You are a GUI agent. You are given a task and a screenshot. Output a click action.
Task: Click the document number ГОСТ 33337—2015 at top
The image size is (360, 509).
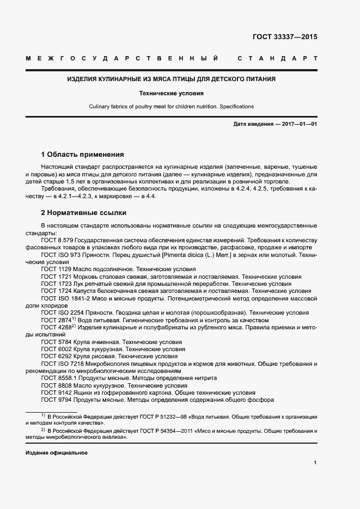tap(285, 38)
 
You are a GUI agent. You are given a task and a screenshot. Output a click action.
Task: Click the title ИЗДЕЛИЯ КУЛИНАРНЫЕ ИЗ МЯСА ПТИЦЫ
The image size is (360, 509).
tap(171, 79)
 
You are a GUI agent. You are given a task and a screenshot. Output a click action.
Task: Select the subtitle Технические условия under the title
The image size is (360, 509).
tap(171, 93)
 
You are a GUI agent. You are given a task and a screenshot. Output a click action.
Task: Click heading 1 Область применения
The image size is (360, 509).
tap(82, 155)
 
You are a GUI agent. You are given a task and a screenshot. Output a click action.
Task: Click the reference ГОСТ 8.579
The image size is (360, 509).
tap(57, 240)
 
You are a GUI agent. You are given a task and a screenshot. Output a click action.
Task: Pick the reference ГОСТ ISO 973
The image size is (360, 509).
tap(61, 254)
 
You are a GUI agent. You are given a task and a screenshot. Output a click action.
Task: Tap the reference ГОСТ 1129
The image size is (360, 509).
tap(55, 269)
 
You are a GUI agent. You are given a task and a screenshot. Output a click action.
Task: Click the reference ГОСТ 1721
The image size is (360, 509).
tap(55, 277)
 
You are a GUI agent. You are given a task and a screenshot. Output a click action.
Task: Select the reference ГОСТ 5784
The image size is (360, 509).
tap(55, 342)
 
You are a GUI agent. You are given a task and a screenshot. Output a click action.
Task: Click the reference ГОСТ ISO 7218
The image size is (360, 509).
tap(62, 364)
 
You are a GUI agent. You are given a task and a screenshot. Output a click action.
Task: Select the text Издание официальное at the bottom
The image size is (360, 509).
tap(56, 453)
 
